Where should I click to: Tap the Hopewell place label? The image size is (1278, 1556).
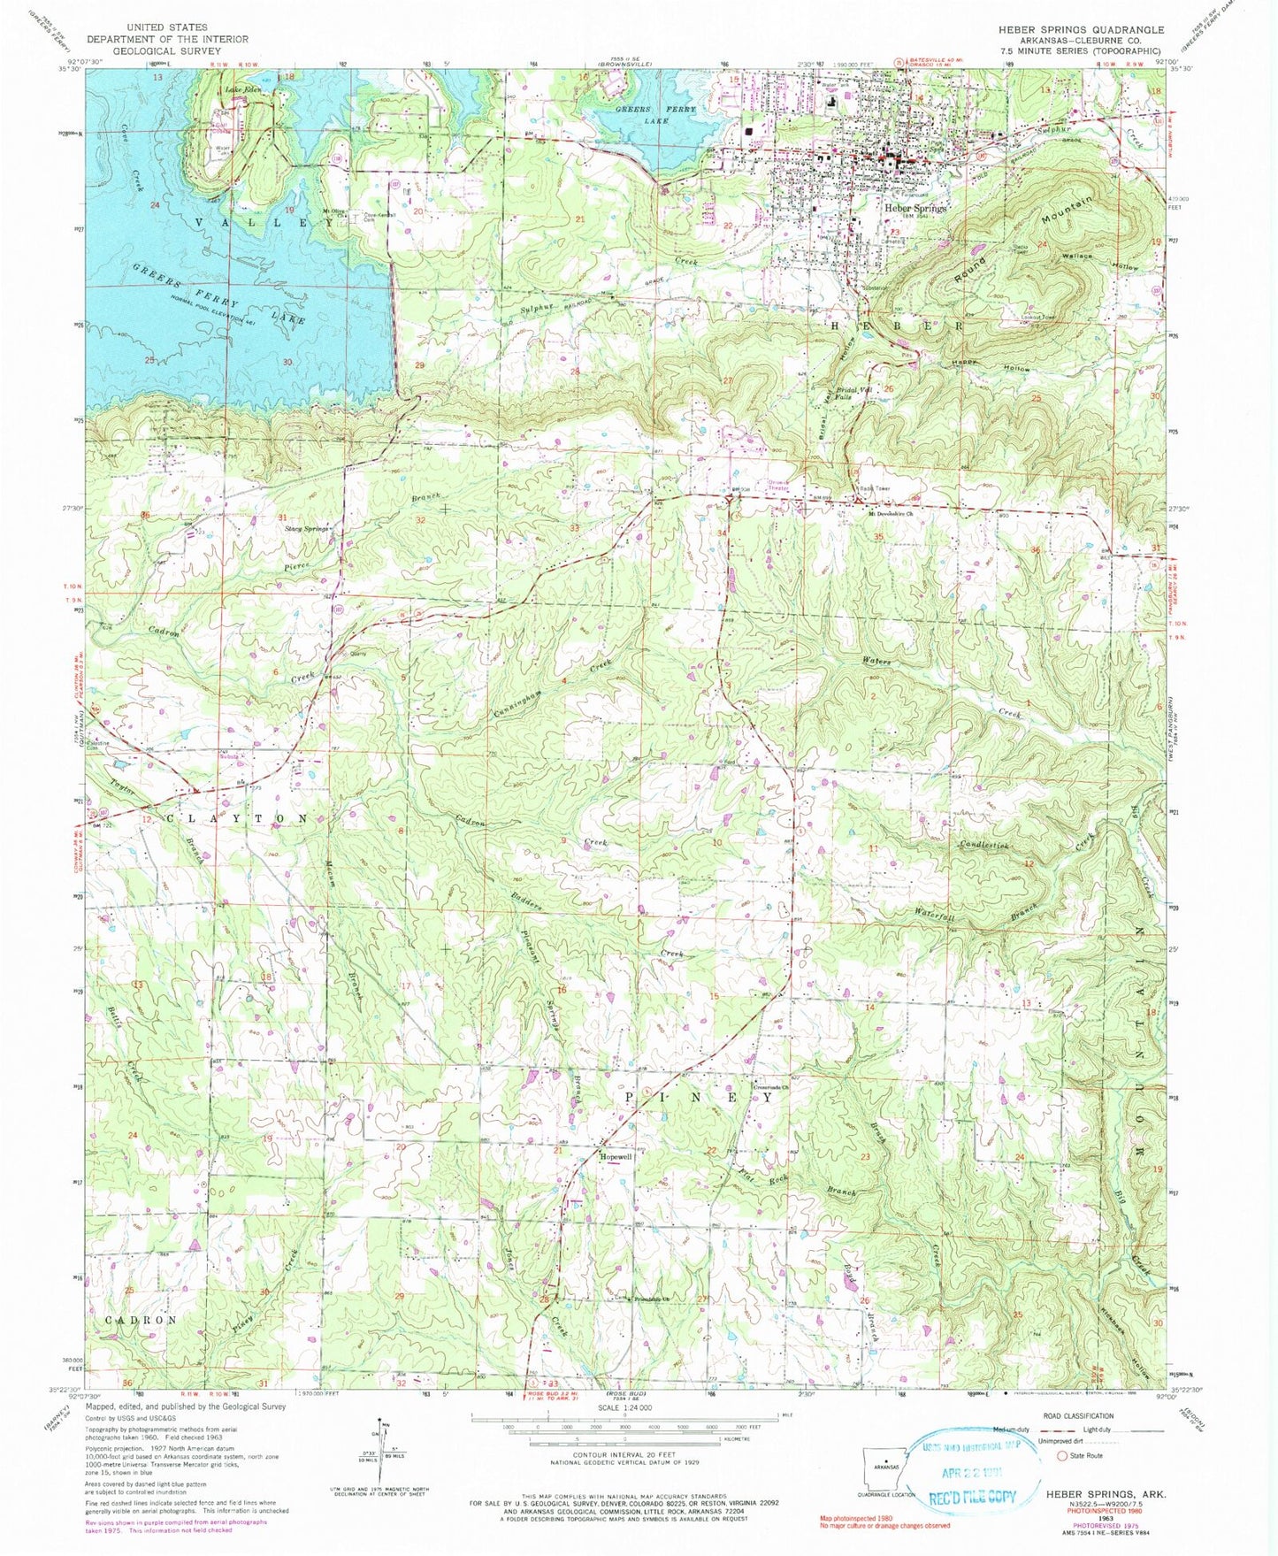[x=616, y=1156]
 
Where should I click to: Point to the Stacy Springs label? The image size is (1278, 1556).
[x=307, y=528]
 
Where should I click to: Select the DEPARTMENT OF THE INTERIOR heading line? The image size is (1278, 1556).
[x=167, y=39]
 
